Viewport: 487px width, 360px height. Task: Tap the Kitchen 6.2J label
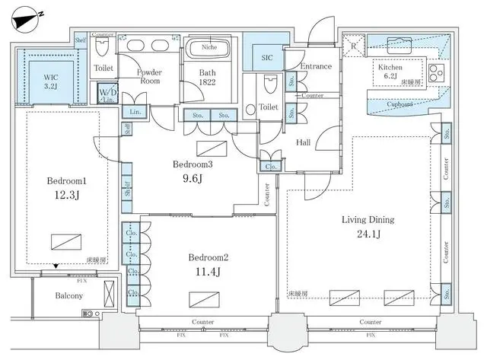point(391,72)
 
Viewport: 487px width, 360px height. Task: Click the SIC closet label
point(268,57)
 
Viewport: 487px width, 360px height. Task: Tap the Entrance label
point(315,66)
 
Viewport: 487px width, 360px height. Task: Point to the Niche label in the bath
point(208,46)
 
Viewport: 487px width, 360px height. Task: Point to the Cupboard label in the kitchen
point(399,104)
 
